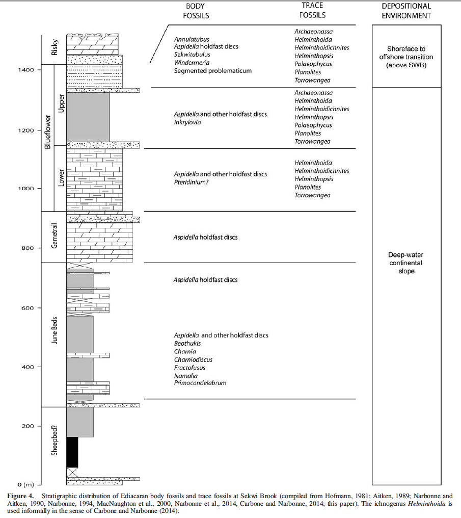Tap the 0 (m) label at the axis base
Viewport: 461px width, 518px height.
point(25,484)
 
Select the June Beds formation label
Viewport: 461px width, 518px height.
point(55,331)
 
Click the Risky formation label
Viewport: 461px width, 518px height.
point(55,47)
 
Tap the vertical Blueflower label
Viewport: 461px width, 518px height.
point(48,132)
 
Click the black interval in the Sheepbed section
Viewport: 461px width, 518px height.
point(72,452)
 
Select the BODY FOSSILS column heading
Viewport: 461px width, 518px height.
point(196,11)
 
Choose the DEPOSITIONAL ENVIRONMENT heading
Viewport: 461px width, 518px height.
point(406,11)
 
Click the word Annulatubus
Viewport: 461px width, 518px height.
point(192,39)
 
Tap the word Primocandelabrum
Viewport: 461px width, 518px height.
point(200,383)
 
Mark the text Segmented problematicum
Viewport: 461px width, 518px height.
point(212,71)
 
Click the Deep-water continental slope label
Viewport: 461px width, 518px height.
point(406,263)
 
